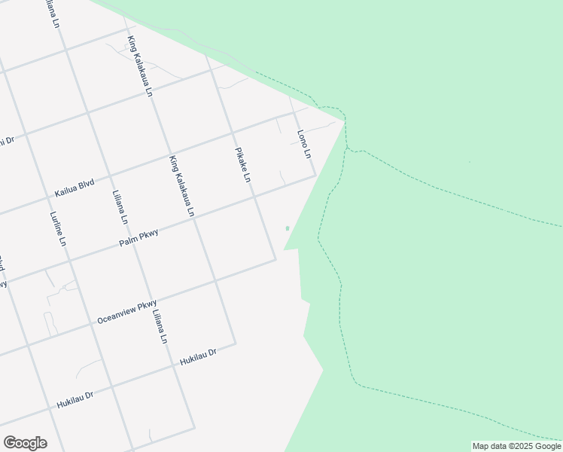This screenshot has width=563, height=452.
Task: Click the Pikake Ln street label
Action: coord(242,165)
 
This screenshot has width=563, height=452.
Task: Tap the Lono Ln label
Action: coord(303,144)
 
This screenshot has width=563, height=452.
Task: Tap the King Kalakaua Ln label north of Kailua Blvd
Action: coord(140,66)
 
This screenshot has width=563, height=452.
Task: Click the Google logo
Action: coord(25,443)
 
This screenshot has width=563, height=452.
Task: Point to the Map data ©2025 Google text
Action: coord(516,446)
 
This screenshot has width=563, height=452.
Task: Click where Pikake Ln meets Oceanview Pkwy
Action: coord(275,261)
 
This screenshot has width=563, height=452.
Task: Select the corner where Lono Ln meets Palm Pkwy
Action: coord(315,177)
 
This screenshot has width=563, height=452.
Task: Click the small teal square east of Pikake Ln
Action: coord(287,228)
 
